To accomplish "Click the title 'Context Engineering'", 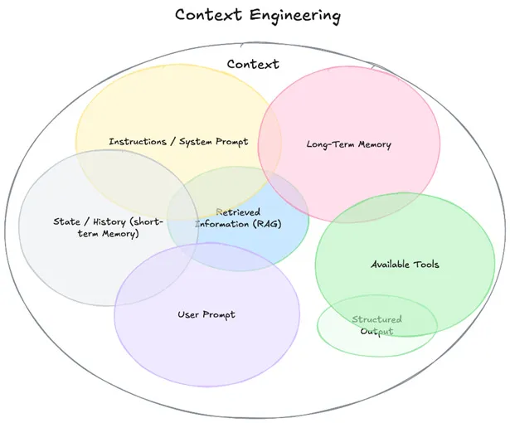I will tap(246, 15).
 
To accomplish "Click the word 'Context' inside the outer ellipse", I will tap(253, 64).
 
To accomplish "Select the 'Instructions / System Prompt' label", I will tap(178, 141).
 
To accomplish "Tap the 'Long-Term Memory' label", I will tap(348, 144).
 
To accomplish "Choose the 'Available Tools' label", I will tap(405, 265).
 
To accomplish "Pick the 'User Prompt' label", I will tap(206, 314).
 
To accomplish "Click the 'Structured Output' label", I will tap(376, 325).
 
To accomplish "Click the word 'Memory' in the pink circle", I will tap(373, 144).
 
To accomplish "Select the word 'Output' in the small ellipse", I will tap(376, 331).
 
